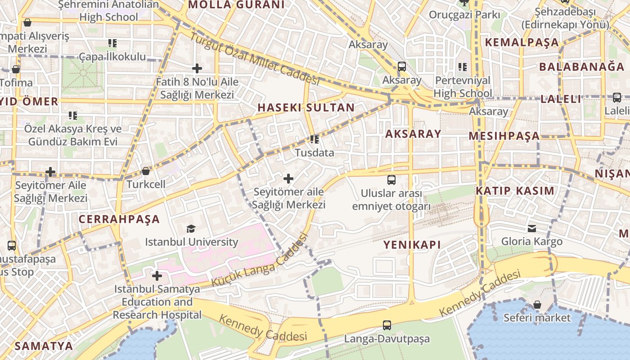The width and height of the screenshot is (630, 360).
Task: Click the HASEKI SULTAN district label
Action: coord(306,108)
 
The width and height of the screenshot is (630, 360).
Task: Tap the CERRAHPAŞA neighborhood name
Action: coord(119,219)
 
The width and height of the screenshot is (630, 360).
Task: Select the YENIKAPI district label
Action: coord(412,245)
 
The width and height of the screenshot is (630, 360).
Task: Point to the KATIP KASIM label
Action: coord(515,190)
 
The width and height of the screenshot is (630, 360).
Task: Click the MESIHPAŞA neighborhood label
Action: coord(504,136)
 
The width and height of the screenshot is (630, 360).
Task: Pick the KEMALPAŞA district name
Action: coord(522,43)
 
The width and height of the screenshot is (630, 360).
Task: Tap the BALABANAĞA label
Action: coord(582,67)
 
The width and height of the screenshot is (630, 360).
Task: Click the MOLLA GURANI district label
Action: coord(236,5)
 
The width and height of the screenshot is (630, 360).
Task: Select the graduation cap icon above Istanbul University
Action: coord(191,229)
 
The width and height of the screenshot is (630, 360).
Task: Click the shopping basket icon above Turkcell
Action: coord(146,171)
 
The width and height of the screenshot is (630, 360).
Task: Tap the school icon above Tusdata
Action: coord(315,139)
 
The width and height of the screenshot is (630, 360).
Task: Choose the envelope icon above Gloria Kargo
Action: coord(532,228)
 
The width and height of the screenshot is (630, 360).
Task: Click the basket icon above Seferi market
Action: coord(537,305)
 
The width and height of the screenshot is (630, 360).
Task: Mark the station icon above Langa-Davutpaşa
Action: coord(387,325)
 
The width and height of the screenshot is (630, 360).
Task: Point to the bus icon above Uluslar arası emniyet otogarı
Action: coord(391,180)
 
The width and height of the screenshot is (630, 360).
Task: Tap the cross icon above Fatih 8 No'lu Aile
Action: coord(197,68)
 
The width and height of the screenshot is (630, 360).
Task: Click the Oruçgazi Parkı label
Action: coord(464,15)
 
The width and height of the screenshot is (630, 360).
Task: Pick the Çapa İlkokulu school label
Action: coord(112,56)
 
